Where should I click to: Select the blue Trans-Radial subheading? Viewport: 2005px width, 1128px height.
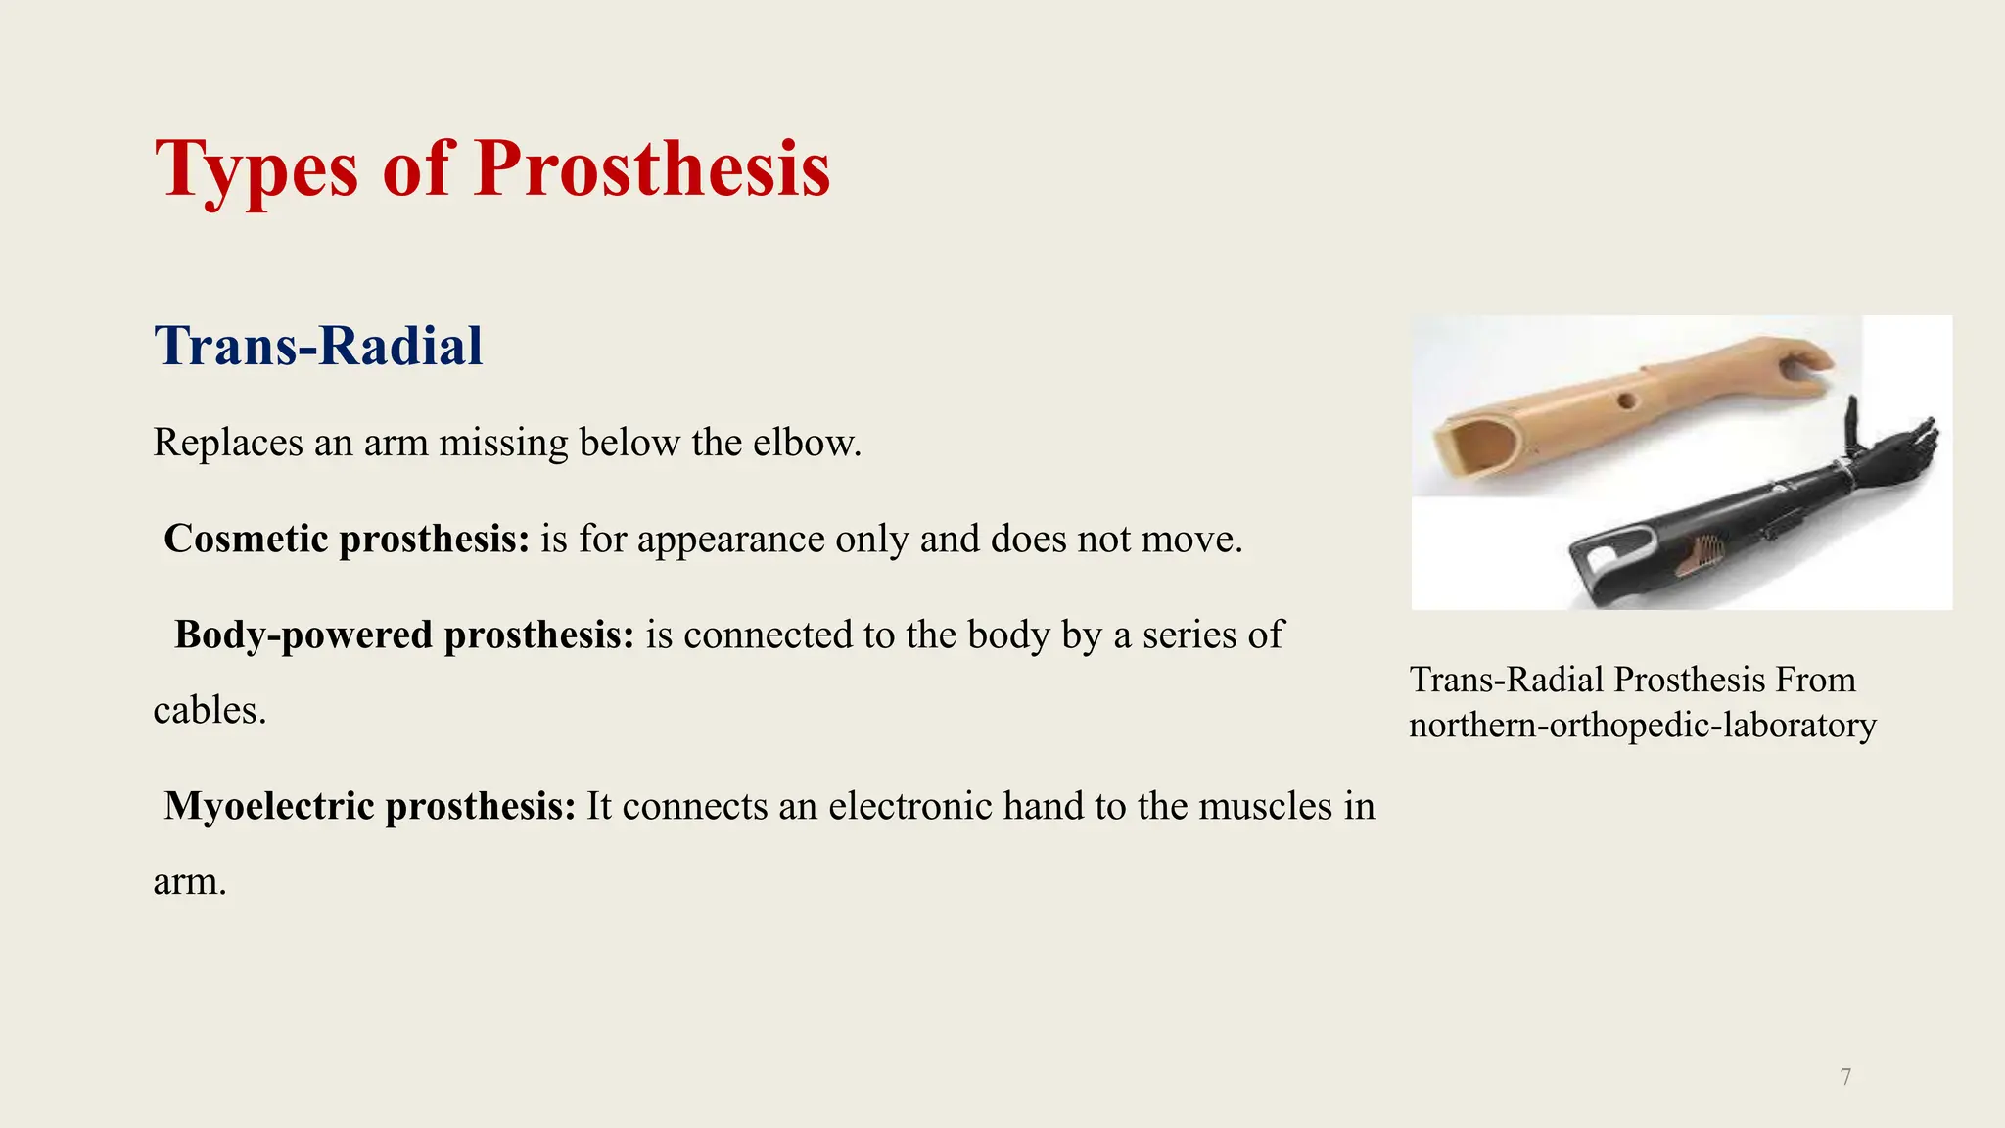tap(318, 346)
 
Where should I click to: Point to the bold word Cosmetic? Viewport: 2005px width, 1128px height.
tap(245, 539)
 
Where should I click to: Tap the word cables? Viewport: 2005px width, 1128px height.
tap(209, 710)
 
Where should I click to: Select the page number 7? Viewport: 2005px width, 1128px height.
tap(1845, 1078)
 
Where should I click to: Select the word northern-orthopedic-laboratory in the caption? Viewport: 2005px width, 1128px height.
tap(1642, 726)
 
